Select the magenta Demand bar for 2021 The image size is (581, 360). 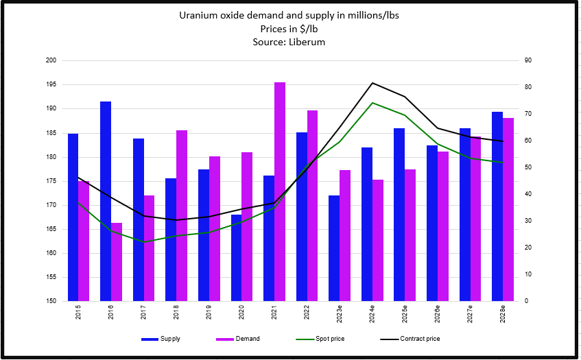coord(280,191)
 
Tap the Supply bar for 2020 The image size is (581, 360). coord(237,257)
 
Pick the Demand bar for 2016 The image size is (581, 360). coord(117,261)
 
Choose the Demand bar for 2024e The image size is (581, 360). coord(378,240)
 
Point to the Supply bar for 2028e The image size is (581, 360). coord(497,206)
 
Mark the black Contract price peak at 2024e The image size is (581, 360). coord(372,83)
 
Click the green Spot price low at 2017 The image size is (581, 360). coord(144,242)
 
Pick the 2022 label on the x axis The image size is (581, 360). coord(307,313)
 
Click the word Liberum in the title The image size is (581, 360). coord(307,42)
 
